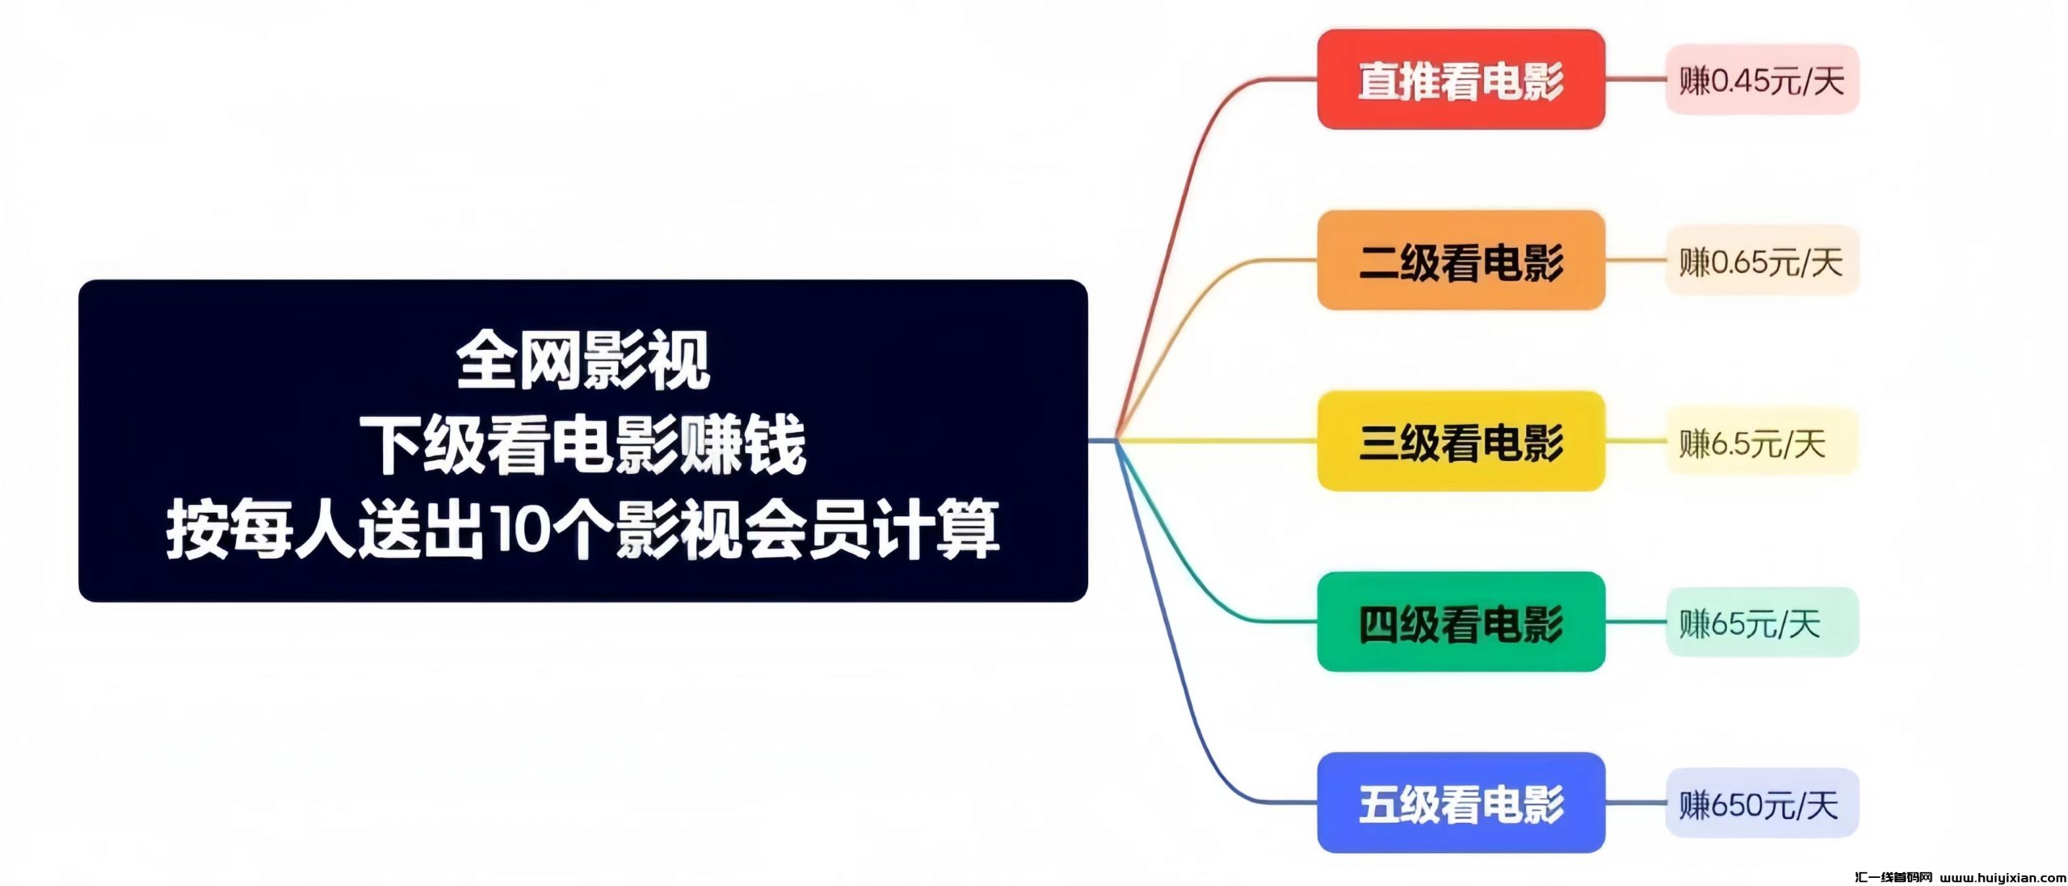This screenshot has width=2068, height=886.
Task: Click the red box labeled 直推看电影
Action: click(1461, 79)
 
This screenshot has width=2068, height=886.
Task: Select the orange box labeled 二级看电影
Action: click(1461, 260)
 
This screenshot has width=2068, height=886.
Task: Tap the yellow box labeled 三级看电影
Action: click(1461, 441)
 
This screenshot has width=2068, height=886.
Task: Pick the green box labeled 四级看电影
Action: click(1461, 622)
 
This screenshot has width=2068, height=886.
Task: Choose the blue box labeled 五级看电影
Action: click(1461, 803)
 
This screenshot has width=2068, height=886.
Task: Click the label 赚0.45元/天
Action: click(1762, 80)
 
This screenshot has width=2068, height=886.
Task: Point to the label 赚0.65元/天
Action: click(1762, 261)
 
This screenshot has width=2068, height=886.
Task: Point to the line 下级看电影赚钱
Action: click(582, 444)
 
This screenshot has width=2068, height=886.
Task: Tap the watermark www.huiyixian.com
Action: click(2003, 877)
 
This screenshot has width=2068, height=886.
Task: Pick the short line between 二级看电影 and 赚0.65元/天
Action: click(1635, 260)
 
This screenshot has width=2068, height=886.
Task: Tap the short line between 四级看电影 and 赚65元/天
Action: click(1635, 622)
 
